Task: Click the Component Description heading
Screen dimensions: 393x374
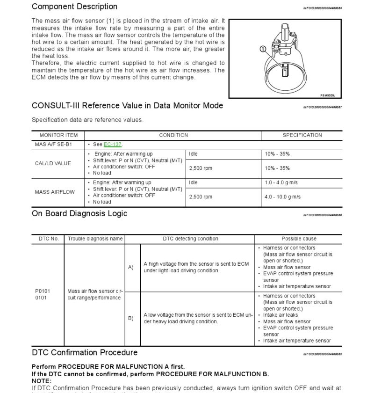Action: click(74, 7)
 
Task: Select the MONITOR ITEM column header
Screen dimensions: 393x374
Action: click(58, 135)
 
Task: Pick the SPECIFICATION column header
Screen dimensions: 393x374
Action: click(302, 135)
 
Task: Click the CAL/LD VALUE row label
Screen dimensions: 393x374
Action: click(53, 163)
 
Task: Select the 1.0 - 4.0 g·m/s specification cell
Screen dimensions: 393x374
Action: click(282, 182)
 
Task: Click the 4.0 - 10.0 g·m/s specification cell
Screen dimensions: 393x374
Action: click(282, 197)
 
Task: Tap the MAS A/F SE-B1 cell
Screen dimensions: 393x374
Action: click(53, 145)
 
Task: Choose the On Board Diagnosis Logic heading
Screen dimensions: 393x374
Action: click(79, 213)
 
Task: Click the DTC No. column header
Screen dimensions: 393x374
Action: click(48, 239)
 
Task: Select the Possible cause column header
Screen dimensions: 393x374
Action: click(299, 239)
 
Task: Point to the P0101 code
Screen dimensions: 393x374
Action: click(43, 291)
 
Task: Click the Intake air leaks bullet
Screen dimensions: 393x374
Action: click(280, 315)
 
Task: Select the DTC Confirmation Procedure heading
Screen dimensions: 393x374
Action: click(85, 352)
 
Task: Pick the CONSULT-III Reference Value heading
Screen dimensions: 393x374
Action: click(127, 106)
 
